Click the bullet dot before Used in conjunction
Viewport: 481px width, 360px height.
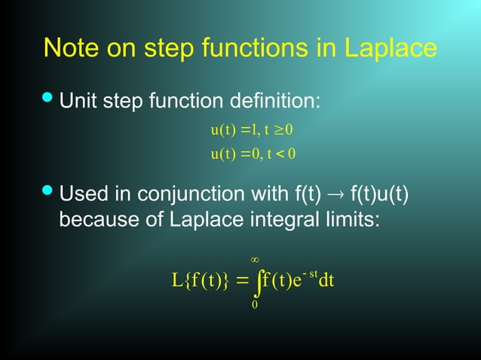coord(47,194)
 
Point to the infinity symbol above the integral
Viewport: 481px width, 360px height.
coord(255,261)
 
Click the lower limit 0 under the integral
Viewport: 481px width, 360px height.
coord(255,306)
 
